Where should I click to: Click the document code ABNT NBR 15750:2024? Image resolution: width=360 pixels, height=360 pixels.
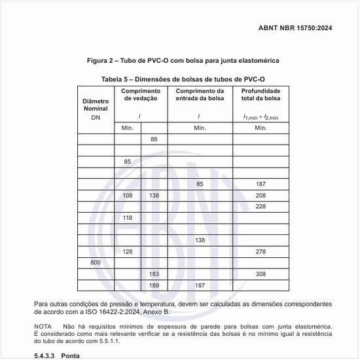point(305,29)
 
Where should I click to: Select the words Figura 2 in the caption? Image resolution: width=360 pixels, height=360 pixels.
point(101,61)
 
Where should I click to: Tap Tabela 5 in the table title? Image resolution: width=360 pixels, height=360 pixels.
point(118,79)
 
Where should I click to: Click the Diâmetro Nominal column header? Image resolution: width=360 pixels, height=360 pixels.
point(96,105)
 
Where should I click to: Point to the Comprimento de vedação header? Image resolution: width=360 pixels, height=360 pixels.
point(141,94)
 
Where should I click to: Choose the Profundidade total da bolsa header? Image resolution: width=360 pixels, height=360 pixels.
point(261,94)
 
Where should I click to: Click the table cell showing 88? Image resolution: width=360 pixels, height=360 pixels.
point(154,139)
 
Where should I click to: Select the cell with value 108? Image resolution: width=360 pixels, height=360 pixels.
point(128,196)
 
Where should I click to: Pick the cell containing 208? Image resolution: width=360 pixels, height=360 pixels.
point(261,196)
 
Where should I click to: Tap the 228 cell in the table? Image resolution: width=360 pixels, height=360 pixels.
point(261,207)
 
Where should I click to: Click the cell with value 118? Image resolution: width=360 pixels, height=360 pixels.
point(128,218)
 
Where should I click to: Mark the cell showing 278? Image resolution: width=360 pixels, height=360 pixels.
point(261,251)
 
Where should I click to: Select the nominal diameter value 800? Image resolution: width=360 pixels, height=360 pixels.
point(96,262)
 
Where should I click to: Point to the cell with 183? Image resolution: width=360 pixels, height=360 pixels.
point(154,274)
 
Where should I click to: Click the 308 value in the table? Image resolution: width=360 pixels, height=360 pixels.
point(261,274)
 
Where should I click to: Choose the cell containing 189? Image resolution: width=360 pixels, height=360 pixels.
point(154,285)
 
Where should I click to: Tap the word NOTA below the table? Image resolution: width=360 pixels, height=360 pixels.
point(43,325)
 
